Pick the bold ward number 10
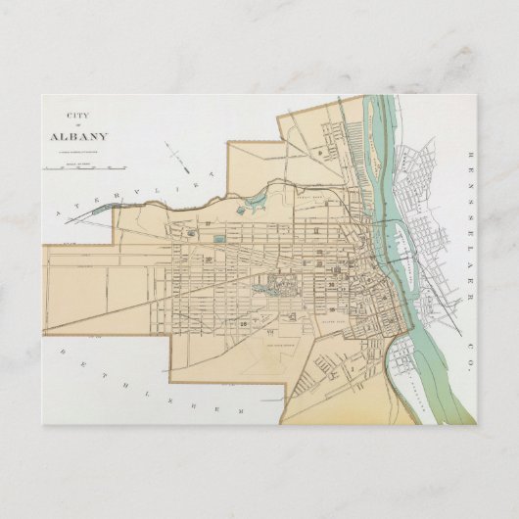tap(211, 259)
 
